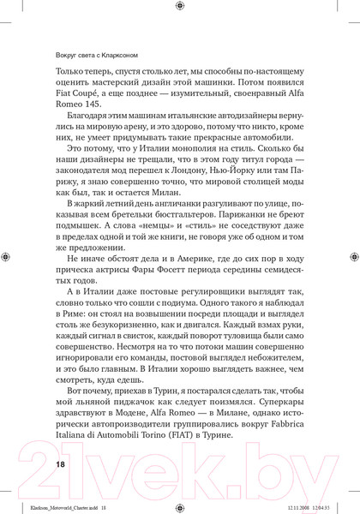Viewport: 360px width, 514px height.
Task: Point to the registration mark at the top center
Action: [179, 8]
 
